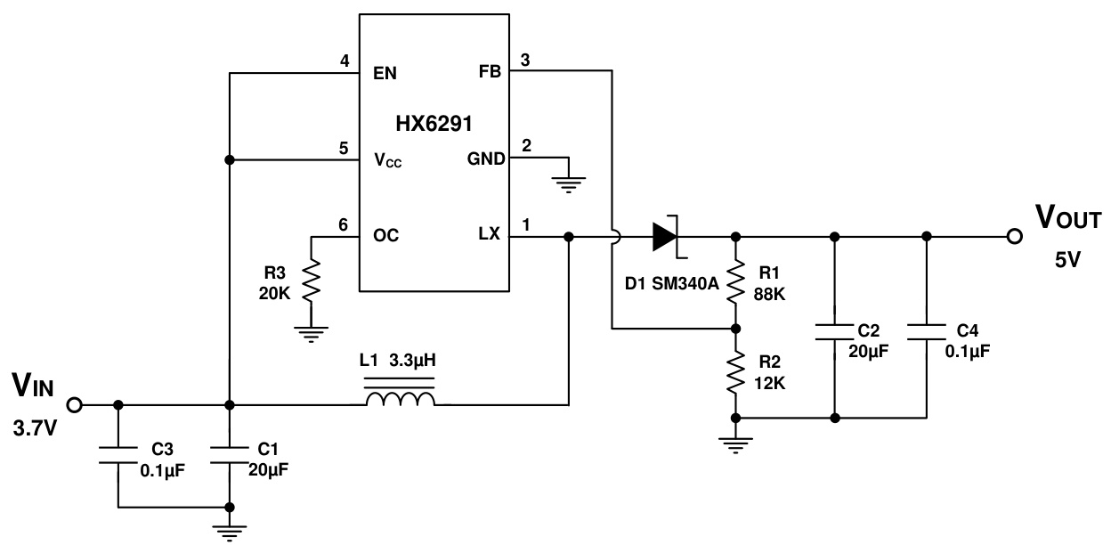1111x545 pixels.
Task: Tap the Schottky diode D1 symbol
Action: [x=666, y=237]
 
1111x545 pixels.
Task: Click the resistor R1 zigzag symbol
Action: [x=735, y=281]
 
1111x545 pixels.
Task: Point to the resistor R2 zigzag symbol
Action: [x=735, y=373]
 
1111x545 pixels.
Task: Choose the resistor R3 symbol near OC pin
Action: [x=311, y=282]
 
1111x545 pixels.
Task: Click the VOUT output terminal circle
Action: [x=1013, y=237]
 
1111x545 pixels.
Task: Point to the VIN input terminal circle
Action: [x=75, y=405]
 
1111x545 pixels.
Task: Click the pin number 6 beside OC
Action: [x=344, y=225]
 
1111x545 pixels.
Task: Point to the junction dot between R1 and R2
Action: [x=735, y=329]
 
